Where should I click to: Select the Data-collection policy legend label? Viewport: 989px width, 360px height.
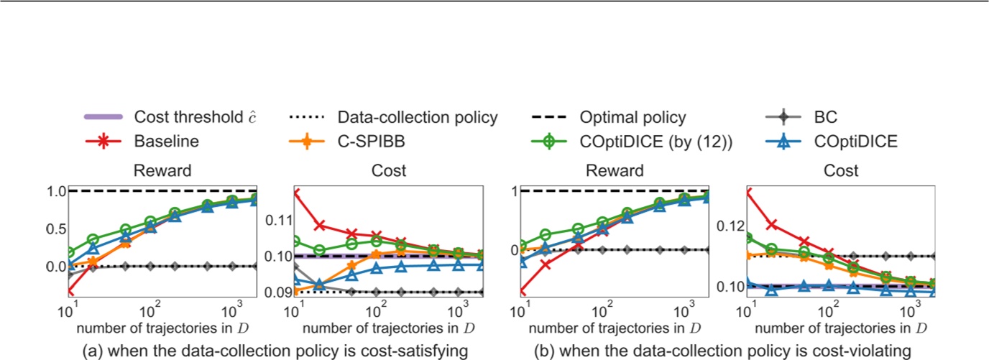tap(418, 117)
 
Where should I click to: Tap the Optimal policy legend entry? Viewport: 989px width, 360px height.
tap(636, 117)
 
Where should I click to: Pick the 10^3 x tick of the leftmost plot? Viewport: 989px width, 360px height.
tap(232, 313)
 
